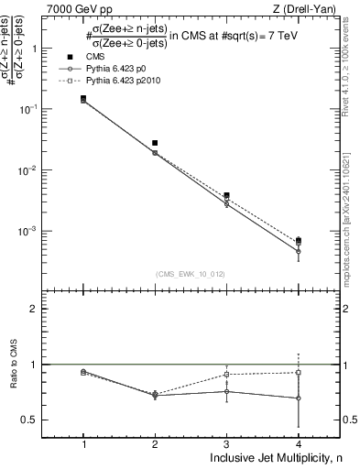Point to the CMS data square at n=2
155,143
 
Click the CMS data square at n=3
226,195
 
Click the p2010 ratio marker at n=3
226,375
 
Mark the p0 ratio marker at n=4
298,398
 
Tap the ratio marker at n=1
83,372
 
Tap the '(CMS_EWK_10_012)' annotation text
191,273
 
